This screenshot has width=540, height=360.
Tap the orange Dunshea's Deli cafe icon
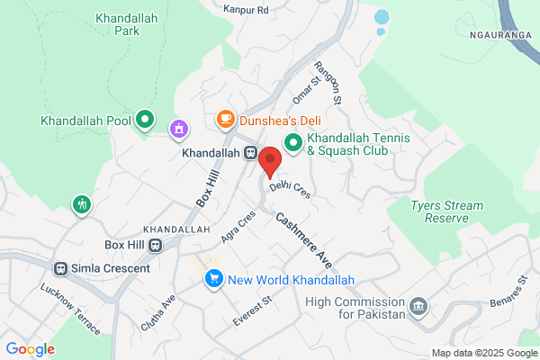tap(225, 120)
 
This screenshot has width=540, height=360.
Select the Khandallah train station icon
tap(252, 153)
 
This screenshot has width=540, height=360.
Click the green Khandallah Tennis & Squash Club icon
tap(293, 143)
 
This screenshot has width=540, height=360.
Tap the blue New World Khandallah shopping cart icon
tap(213, 279)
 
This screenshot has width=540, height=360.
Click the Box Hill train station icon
tap(156, 245)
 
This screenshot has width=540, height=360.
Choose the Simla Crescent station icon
tap(61, 268)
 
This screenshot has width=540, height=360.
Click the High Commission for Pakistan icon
tap(418, 308)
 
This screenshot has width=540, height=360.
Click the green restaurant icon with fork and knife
tap(82, 204)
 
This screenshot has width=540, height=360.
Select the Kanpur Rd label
tap(250, 10)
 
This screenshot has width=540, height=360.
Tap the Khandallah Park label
tap(121, 23)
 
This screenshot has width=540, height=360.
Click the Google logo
tap(31, 349)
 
